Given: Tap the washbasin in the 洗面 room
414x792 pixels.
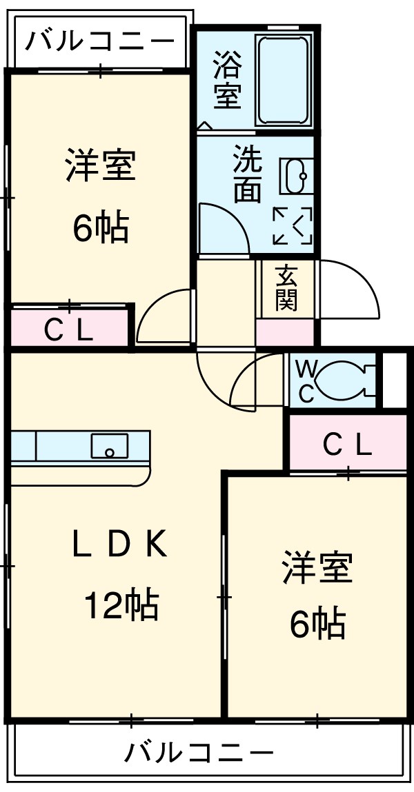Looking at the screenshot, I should point(297,176).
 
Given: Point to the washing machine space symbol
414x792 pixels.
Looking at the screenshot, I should point(293,225).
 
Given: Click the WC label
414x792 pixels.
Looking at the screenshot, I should point(306,380).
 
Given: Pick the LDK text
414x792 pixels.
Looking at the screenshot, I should point(119,546).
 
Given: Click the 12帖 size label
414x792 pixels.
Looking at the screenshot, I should point(121,606).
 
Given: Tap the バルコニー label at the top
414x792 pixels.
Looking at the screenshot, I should point(99,42).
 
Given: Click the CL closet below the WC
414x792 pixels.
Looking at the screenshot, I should point(348,446).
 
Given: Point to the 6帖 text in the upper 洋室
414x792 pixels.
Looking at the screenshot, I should point(101,227).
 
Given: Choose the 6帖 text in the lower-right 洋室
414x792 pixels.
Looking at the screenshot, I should point(317,624).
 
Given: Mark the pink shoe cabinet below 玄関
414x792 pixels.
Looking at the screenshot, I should point(286,333).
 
